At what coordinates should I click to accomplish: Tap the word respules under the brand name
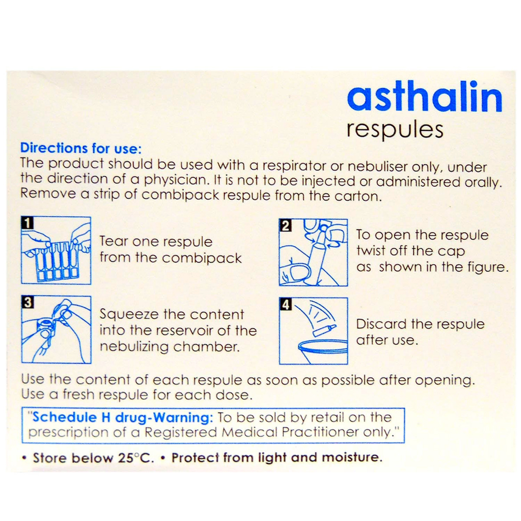point(395,130)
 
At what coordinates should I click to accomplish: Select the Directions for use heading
point(81,148)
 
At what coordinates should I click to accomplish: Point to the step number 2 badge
point(285,226)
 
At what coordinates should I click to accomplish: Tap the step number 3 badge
point(27,302)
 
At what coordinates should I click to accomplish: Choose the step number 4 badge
point(285,304)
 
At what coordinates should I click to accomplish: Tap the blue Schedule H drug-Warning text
point(122,417)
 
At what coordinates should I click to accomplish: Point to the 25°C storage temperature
point(135,458)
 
